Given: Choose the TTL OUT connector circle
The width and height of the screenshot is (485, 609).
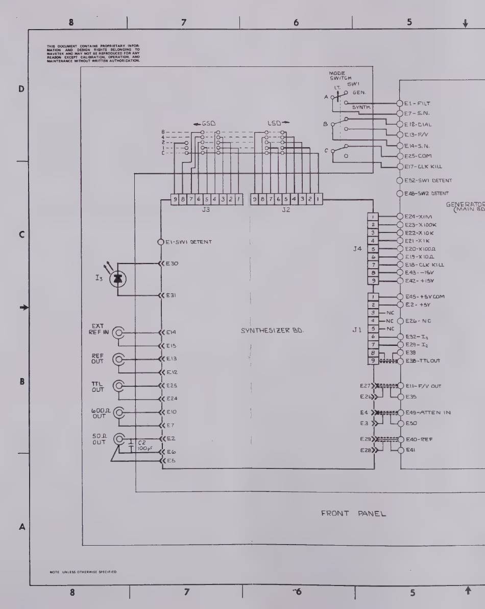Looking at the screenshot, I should pyautogui.click(x=118, y=386).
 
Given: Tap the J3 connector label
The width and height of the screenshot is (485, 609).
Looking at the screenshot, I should pyautogui.click(x=206, y=209).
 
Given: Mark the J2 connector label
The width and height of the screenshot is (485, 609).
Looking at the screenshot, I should pyautogui.click(x=285, y=209).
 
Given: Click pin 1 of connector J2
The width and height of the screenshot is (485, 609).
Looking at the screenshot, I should pyautogui.click(x=318, y=199).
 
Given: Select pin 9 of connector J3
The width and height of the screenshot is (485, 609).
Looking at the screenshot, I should pyautogui.click(x=175, y=199).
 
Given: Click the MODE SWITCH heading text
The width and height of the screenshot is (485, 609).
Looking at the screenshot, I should pyautogui.click(x=338, y=76).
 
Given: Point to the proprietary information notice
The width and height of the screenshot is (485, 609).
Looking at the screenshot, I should pyautogui.click(x=93, y=54).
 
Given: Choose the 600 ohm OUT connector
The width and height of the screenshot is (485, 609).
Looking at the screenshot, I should pyautogui.click(x=118, y=413).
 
